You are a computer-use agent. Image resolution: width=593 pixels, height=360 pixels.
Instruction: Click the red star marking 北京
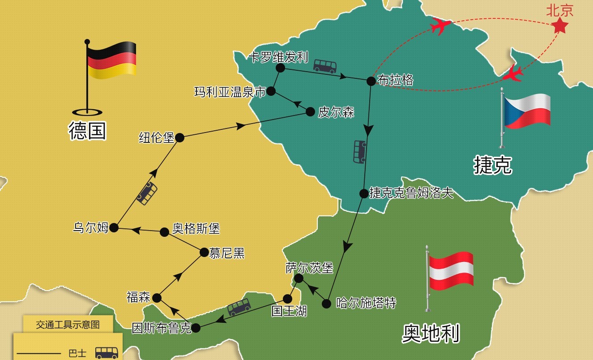[x=559, y=26]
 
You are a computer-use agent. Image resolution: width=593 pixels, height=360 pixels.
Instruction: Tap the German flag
[x=111, y=60]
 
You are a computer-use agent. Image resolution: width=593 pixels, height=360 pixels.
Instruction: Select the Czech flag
[x=527, y=110]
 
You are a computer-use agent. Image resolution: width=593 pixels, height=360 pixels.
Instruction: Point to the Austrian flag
[x=451, y=270]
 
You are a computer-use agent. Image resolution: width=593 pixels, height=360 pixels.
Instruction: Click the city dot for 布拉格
[x=371, y=81]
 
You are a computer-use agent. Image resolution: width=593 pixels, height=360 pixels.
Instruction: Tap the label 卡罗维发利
[x=278, y=57]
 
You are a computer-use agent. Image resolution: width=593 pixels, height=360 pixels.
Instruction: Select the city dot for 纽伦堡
[x=179, y=138]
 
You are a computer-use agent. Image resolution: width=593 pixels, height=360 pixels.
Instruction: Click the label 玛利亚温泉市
[x=230, y=92]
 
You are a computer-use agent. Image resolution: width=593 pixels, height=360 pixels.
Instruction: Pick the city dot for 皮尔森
[x=310, y=112]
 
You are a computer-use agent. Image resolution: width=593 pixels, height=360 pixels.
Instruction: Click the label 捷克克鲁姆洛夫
[x=411, y=193]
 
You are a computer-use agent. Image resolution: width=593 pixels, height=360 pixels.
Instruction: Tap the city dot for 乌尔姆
[x=114, y=227]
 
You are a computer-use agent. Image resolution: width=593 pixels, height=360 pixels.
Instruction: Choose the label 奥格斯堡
[x=196, y=229]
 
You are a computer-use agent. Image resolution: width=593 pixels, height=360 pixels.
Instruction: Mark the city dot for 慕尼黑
[x=204, y=253]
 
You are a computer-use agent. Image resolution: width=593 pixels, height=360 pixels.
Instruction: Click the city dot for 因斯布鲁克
[x=196, y=328]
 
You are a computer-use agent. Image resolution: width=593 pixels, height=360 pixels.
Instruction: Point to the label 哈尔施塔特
[x=366, y=303]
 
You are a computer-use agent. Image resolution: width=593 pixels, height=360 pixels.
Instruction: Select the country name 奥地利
[x=430, y=333]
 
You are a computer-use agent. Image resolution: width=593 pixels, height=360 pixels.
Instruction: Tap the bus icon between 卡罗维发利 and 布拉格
[x=324, y=66]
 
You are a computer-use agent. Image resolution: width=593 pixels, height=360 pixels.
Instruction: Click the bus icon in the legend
[x=107, y=352]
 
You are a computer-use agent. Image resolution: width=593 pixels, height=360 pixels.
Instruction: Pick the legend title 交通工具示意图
[x=68, y=325]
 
